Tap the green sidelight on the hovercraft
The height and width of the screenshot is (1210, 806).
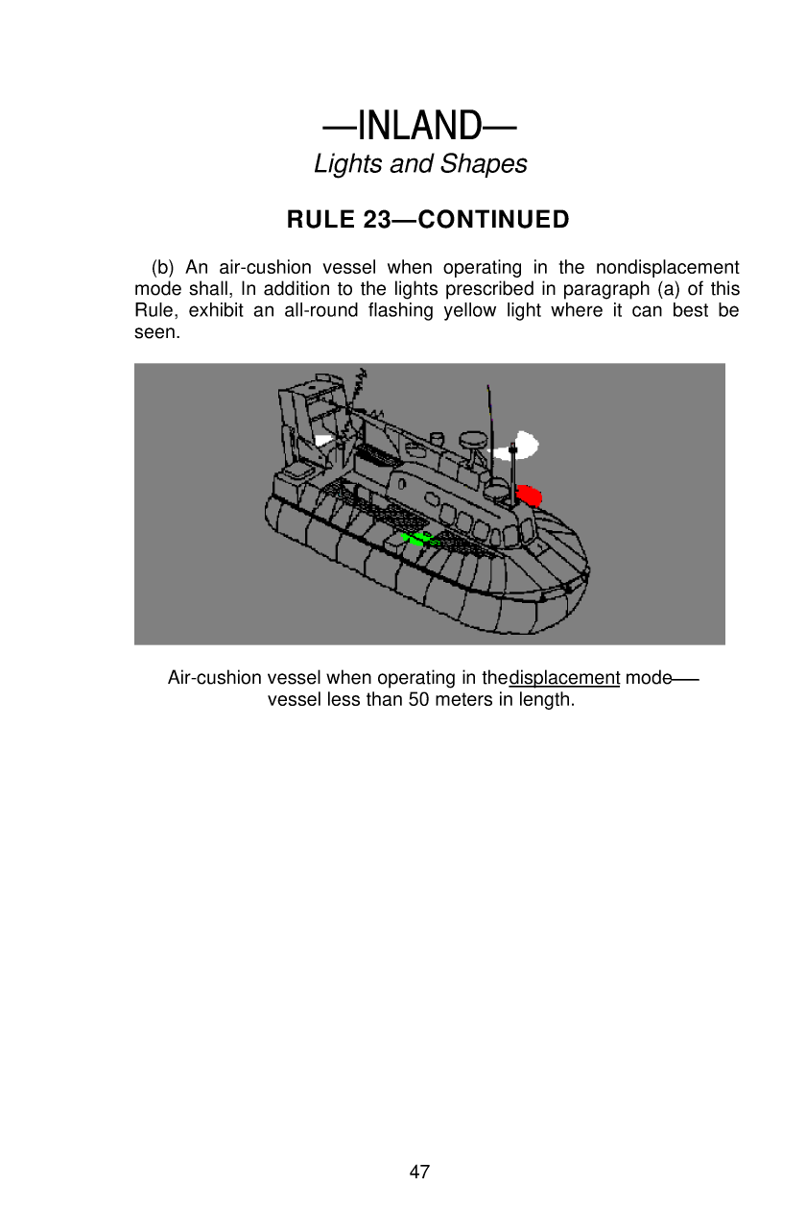416,538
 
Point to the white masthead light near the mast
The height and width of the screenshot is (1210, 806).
524,446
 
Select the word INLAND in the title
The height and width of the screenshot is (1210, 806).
419,126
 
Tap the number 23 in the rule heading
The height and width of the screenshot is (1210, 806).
376,220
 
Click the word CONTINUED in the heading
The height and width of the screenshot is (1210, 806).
494,220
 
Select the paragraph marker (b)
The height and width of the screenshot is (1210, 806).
163,267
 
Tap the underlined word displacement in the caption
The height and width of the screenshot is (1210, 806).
563,678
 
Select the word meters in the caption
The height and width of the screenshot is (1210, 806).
466,699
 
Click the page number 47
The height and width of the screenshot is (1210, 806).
419,1172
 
